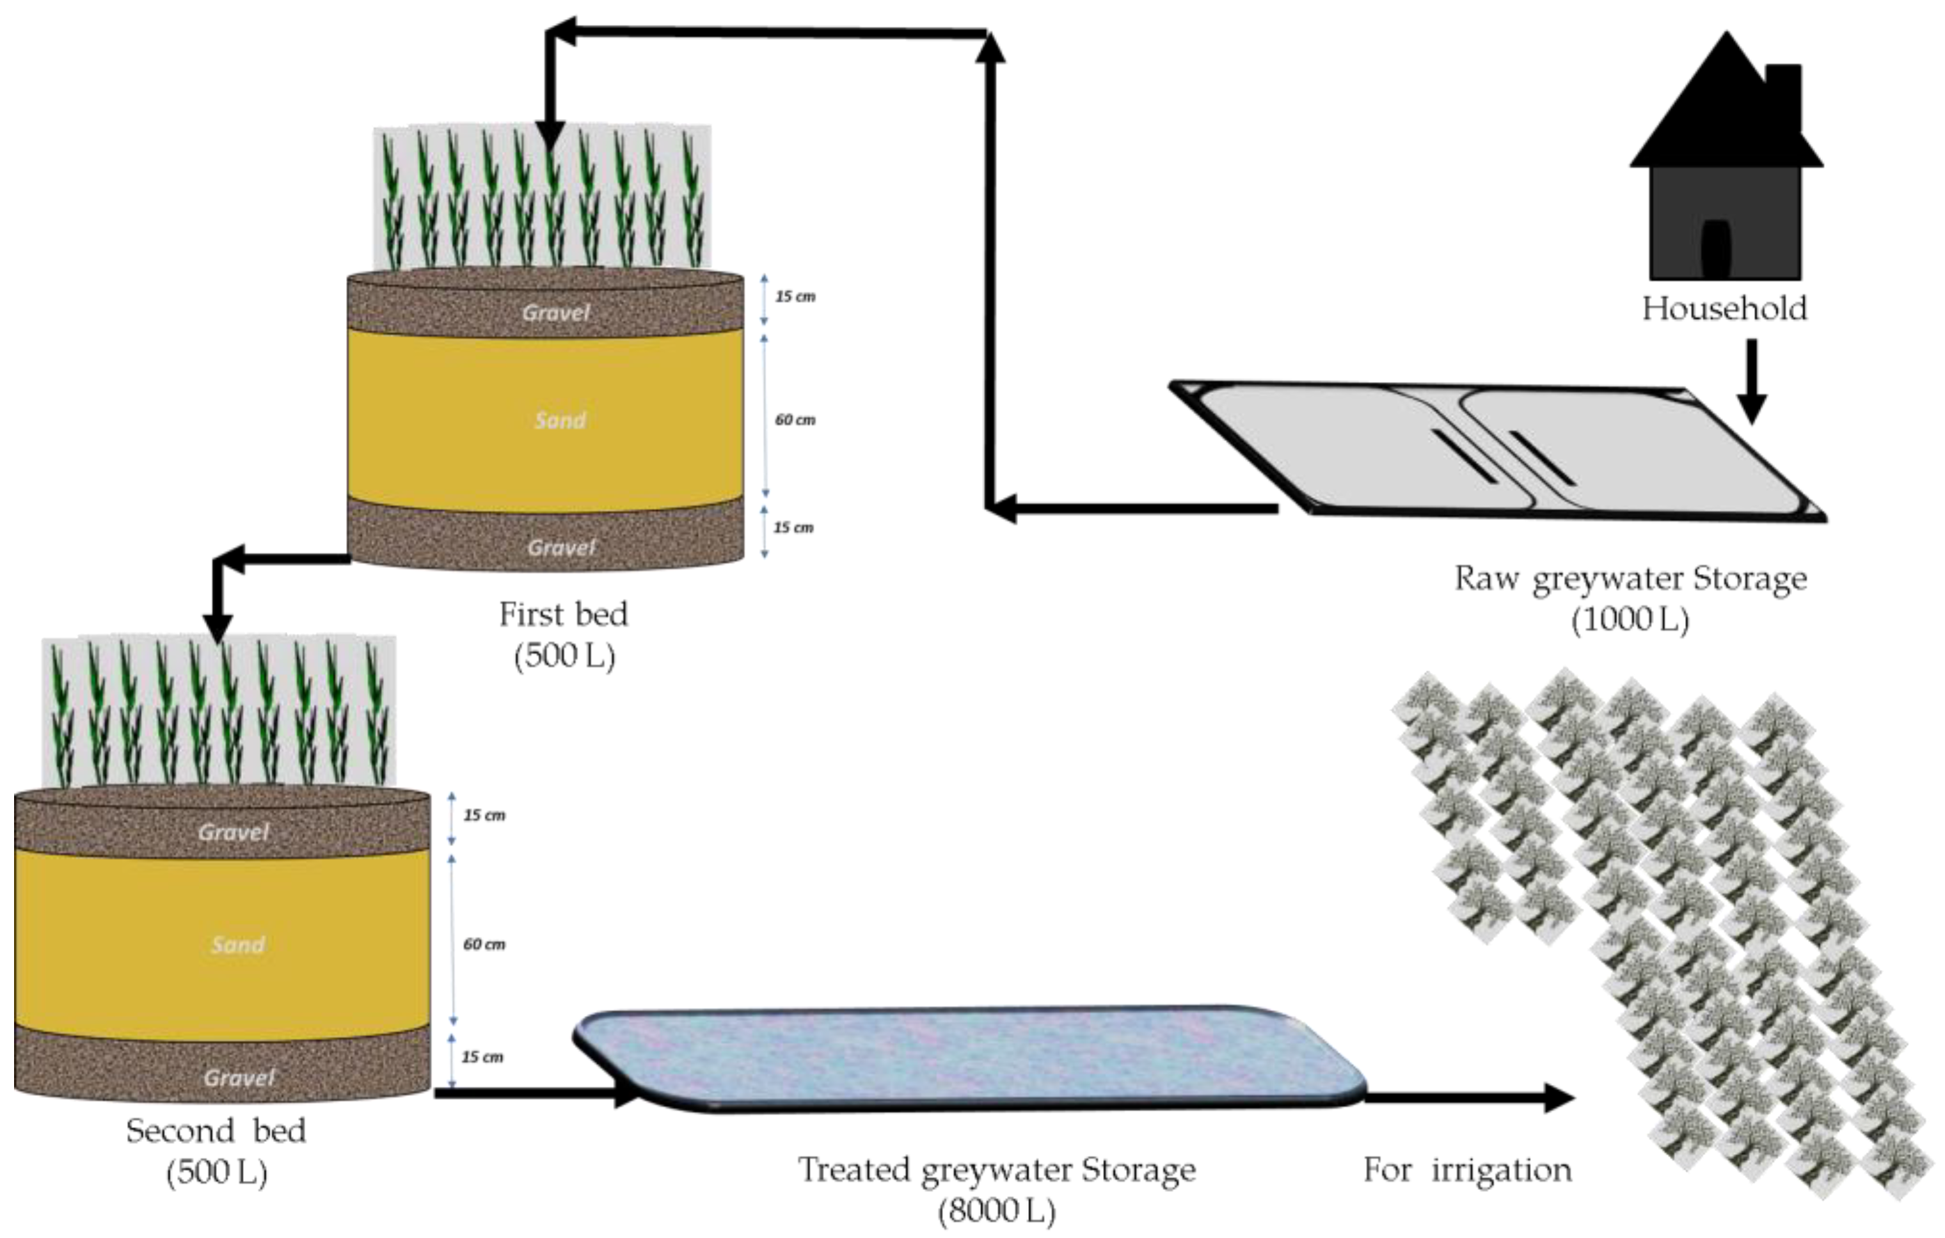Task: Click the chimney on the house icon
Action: [x=1784, y=97]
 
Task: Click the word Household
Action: [x=1724, y=309]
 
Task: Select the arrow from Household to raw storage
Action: [x=1751, y=379]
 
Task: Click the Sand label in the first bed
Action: [x=560, y=420]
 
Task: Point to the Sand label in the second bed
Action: [x=237, y=945]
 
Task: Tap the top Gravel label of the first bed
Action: [x=556, y=312]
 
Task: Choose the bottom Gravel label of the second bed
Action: [x=239, y=1077]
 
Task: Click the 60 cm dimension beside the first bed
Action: [x=795, y=420]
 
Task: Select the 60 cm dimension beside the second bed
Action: [x=484, y=944]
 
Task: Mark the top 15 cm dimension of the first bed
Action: [x=795, y=296]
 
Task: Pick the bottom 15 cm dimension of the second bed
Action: [x=482, y=1057]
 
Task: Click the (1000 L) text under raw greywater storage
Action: [x=1630, y=620]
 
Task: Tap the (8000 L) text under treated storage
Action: [x=997, y=1210]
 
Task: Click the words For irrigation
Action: [x=1468, y=1170]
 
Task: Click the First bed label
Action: [x=563, y=615]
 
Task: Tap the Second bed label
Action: [x=216, y=1131]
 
